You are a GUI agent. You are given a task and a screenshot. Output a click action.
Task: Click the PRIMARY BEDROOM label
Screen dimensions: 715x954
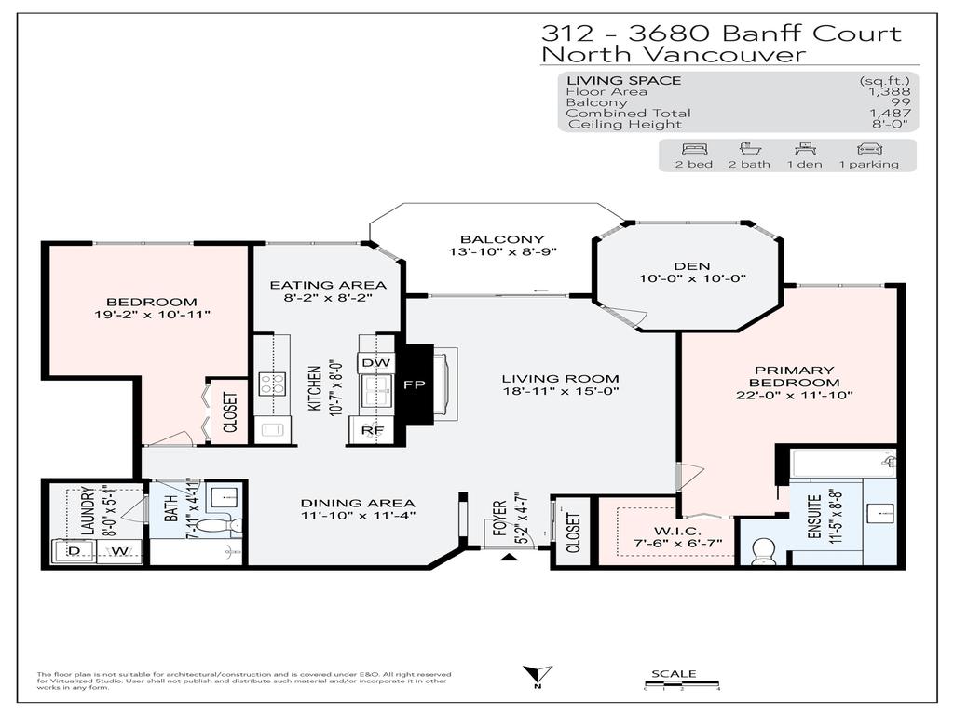pyautogui.click(x=794, y=376)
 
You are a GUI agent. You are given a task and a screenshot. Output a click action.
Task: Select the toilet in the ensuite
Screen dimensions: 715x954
pyautogui.click(x=764, y=550)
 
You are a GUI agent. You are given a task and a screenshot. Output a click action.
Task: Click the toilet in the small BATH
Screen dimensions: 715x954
pyautogui.click(x=222, y=526)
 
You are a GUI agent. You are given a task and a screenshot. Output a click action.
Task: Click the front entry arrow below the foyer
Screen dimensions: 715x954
pyautogui.click(x=508, y=558)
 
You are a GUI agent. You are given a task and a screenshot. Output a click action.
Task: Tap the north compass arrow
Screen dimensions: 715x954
pyautogui.click(x=538, y=675)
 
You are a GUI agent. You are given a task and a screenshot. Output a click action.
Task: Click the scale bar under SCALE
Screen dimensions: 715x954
pyautogui.click(x=682, y=684)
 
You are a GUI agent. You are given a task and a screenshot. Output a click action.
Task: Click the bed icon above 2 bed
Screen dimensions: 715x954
pyautogui.click(x=694, y=148)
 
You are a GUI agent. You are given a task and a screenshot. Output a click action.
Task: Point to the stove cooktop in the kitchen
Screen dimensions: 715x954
pyautogui.click(x=272, y=382)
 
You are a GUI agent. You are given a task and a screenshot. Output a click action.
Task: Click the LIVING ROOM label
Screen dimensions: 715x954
pyautogui.click(x=560, y=378)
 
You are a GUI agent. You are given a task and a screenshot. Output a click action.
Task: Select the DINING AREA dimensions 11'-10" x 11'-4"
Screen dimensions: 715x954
pyautogui.click(x=358, y=515)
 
